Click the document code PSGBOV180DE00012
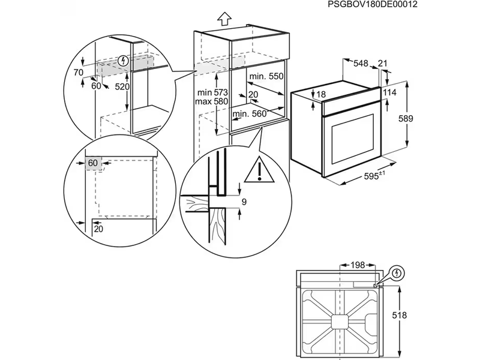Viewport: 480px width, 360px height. click(373, 4)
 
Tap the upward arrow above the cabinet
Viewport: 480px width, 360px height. click(224, 19)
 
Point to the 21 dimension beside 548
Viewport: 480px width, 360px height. click(383, 62)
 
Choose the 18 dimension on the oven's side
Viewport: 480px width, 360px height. click(321, 94)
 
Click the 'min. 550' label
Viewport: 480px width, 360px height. click(266, 77)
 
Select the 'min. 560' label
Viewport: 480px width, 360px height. click(249, 114)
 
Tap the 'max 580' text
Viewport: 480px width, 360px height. click(211, 102)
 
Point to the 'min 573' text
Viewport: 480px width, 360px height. click(211, 92)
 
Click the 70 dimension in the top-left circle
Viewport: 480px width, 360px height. click(78, 73)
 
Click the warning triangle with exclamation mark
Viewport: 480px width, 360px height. click(259, 169)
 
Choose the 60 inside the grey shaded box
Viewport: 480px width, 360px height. click(93, 163)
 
